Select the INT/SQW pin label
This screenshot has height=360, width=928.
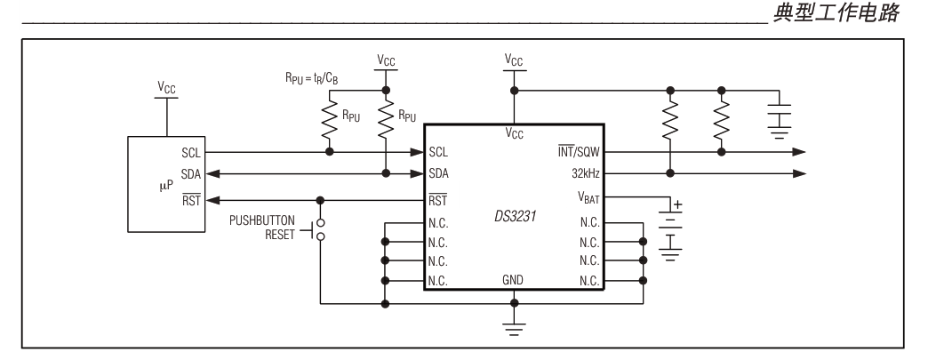click(x=575, y=152)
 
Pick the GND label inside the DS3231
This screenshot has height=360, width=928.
click(x=513, y=280)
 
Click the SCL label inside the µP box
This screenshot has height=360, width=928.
click(x=190, y=152)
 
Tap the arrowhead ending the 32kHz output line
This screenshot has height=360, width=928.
click(x=802, y=174)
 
